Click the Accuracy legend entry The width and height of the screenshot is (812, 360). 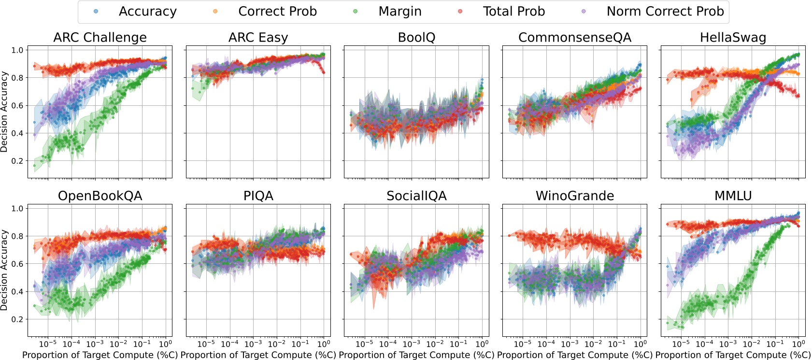pos(147,12)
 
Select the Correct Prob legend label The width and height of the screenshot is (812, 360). pos(277,12)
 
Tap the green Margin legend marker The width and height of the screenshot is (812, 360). pos(356,11)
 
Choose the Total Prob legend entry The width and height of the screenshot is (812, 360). pos(513,12)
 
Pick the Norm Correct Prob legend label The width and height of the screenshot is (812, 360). pos(665,12)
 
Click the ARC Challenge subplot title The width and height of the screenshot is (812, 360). pos(100,38)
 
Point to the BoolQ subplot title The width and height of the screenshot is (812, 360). pos(416,38)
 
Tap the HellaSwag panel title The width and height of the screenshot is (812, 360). pos(733,38)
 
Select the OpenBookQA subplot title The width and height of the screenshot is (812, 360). pos(100,196)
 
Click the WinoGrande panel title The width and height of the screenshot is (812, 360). pos(575,196)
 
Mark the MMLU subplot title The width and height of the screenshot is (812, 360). pos(733,196)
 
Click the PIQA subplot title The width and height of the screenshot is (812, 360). pos(258,196)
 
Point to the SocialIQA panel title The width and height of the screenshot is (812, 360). pos(416,196)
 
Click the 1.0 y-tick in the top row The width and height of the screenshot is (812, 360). pos(17,50)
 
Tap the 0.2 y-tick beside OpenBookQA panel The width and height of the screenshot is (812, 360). pos(17,319)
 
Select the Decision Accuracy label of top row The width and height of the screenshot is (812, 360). pos(4,112)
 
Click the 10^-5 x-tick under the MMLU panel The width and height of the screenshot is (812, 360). pos(681,344)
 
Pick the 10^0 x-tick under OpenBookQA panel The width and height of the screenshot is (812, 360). pos(165,344)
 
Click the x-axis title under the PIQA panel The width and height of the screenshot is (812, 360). pos(258,355)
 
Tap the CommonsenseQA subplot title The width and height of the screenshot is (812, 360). pos(575,38)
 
